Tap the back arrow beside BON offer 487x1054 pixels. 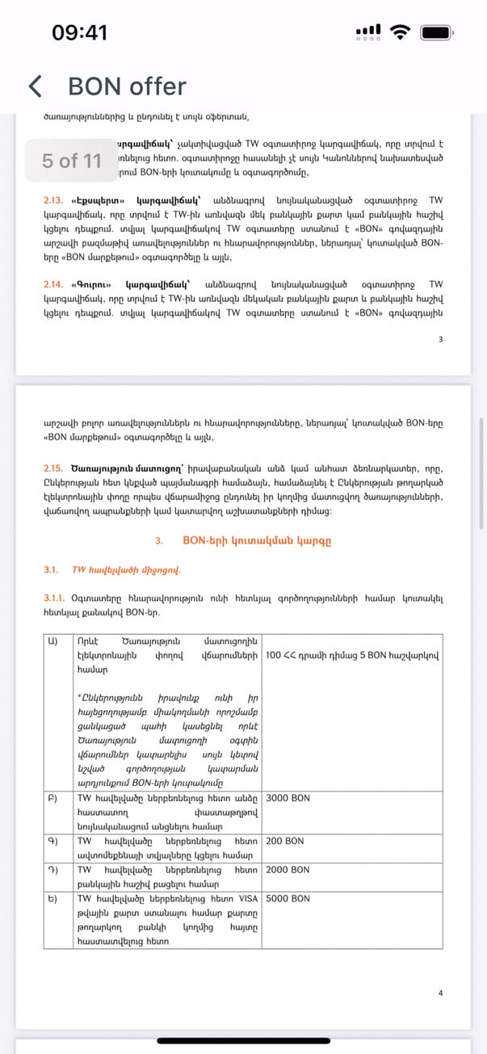coord(35,86)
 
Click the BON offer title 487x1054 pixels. coord(127,86)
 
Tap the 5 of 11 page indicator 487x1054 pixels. coord(72,161)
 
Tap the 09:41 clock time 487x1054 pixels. coord(79,33)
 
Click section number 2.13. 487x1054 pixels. coord(53,199)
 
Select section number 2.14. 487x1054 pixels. coord(53,284)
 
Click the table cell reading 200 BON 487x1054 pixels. coord(284,841)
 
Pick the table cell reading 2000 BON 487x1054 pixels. coord(288,870)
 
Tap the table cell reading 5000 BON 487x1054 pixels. coord(288,898)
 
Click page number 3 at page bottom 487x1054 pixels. coord(440,339)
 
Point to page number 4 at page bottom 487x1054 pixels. coord(440,993)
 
